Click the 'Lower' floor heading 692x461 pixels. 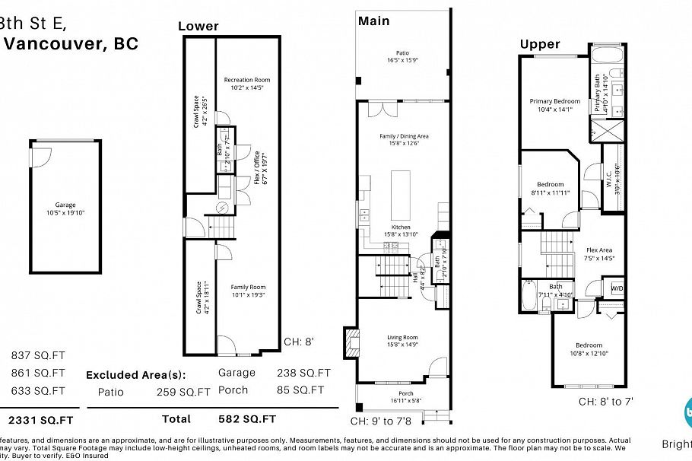click(x=198, y=27)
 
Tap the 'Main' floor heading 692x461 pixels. click(x=374, y=21)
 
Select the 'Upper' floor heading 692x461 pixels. click(x=539, y=44)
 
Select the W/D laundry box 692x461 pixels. click(x=617, y=288)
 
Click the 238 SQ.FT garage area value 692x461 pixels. click(x=303, y=373)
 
